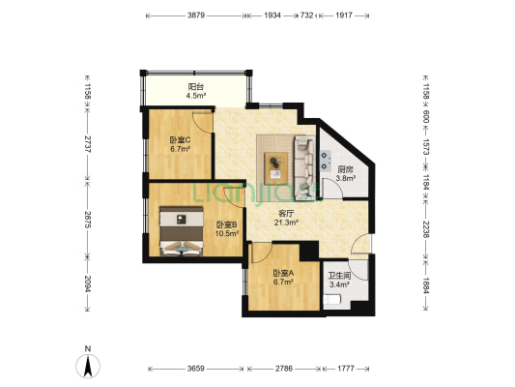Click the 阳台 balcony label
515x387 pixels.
point(196,87)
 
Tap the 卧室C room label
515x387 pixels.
point(180,140)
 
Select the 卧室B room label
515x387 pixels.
point(227,225)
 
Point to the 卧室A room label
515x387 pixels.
point(283,273)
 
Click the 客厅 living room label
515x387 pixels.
point(286,214)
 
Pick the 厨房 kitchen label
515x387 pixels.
point(346,169)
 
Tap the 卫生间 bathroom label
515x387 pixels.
point(339,276)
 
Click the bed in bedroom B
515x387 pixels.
point(181,231)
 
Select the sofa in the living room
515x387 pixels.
point(304,167)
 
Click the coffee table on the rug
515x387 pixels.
point(276,167)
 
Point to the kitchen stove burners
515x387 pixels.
point(326,161)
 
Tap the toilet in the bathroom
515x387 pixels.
point(332,300)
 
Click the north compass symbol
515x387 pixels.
point(88,364)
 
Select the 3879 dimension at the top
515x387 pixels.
point(196,15)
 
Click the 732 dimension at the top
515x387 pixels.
point(306,15)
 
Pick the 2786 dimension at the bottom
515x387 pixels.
point(284,369)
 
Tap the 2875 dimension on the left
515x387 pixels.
point(87,220)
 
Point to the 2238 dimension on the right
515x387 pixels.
point(426,229)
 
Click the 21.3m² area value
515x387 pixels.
point(286,223)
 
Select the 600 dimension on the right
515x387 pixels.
point(426,116)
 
